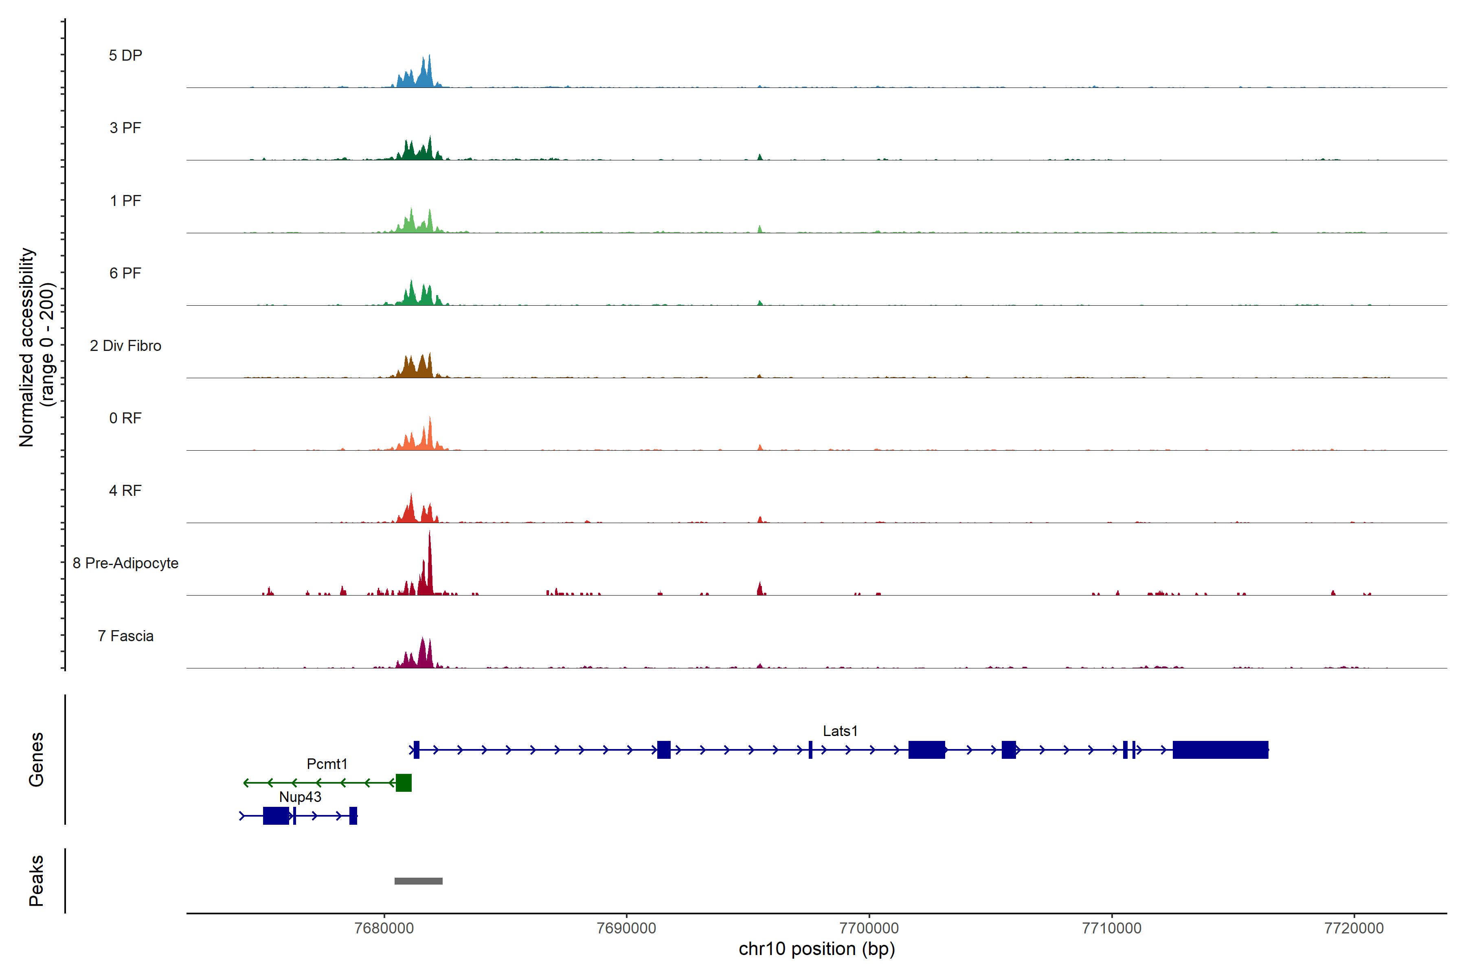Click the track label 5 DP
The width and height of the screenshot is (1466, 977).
click(x=125, y=55)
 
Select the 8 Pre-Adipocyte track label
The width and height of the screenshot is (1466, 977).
click(x=125, y=563)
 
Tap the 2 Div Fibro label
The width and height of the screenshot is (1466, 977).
click(x=125, y=346)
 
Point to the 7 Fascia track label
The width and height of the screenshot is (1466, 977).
click(x=125, y=636)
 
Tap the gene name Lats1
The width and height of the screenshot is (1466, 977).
click(x=840, y=731)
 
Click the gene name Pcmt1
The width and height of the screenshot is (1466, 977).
click(x=327, y=764)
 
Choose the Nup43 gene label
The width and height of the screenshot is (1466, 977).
click(x=300, y=797)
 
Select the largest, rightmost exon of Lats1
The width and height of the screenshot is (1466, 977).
click(x=1220, y=749)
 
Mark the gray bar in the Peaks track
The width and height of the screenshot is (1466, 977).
click(x=418, y=881)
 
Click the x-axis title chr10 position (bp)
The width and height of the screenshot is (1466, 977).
click(x=816, y=949)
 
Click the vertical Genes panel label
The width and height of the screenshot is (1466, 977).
click(x=36, y=760)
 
